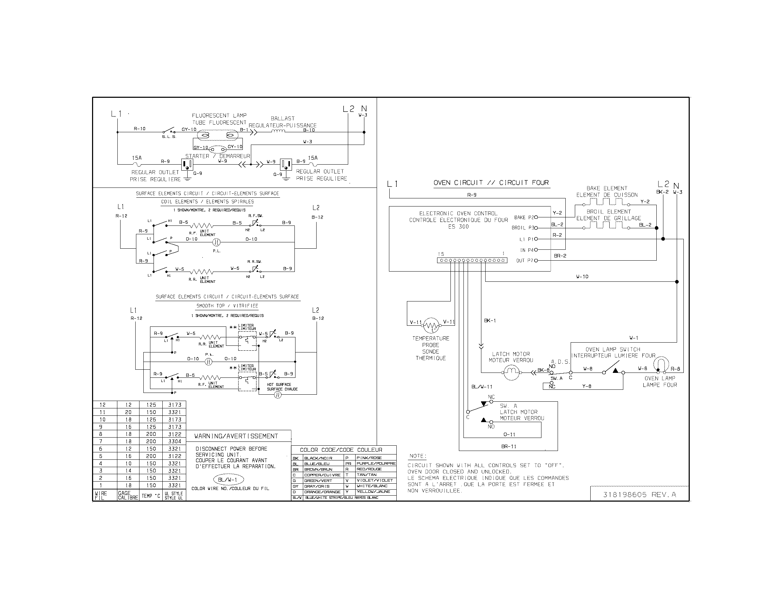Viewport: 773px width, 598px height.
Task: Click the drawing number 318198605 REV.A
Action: click(x=639, y=495)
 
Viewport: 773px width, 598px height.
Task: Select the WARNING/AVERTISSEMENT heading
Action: click(x=236, y=436)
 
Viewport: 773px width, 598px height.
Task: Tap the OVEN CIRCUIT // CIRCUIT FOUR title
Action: click(x=491, y=183)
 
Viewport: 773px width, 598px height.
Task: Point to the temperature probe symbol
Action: click(x=431, y=325)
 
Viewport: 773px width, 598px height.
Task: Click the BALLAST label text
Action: click(x=282, y=118)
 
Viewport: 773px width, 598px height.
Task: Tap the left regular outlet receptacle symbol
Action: click(x=187, y=164)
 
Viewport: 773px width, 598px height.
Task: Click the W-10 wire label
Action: click(x=582, y=277)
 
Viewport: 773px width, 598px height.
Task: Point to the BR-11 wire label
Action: click(x=509, y=446)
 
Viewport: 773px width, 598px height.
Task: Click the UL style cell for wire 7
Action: click(x=175, y=441)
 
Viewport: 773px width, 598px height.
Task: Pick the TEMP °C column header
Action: click(x=151, y=496)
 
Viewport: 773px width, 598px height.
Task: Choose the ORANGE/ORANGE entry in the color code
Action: click(x=322, y=492)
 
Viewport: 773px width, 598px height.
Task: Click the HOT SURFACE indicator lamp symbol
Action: click(x=278, y=395)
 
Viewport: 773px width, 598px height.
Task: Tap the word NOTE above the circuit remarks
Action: click(x=418, y=456)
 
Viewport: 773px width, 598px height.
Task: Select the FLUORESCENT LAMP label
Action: click(x=219, y=115)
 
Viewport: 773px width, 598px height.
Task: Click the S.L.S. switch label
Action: click(x=169, y=137)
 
